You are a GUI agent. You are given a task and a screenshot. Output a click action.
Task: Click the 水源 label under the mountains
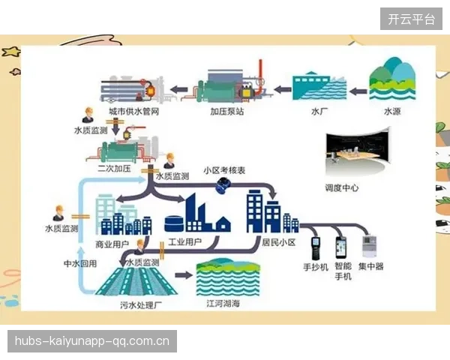pyautogui.click(x=392, y=112)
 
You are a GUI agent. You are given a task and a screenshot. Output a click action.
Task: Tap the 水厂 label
pyautogui.click(x=319, y=112)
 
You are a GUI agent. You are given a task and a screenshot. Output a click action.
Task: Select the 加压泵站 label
pyautogui.click(x=227, y=112)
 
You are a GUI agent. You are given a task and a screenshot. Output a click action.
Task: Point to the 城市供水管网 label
pyautogui.click(x=134, y=112)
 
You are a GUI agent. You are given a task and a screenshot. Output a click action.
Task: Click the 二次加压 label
pyautogui.click(x=114, y=168)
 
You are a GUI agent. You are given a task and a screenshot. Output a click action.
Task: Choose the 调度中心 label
pyautogui.click(x=342, y=188)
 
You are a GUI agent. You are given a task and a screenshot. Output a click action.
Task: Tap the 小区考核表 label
pyautogui.click(x=224, y=170)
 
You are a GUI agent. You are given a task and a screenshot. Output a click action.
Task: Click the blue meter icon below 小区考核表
pyautogui.click(x=223, y=185)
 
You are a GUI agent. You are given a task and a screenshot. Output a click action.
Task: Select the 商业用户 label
pyautogui.click(x=112, y=244)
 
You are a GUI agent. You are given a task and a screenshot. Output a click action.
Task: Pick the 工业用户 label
pyautogui.click(x=185, y=242)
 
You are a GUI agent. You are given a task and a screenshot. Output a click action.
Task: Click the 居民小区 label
pyautogui.click(x=278, y=242)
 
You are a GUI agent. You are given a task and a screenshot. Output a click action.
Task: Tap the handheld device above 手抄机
pyautogui.click(x=316, y=248)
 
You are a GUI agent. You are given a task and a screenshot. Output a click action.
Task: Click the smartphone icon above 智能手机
pyautogui.click(x=341, y=247)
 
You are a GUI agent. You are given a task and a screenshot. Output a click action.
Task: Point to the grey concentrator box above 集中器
pyautogui.click(x=369, y=247)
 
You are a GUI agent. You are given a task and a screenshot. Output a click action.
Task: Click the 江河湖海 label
pyautogui.click(x=223, y=304)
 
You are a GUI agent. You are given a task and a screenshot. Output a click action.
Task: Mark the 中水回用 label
pyautogui.click(x=80, y=263)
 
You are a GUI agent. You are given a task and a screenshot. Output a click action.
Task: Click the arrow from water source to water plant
pyautogui.click(x=358, y=91)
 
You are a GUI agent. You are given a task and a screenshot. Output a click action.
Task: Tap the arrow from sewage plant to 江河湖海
pyautogui.click(x=184, y=275)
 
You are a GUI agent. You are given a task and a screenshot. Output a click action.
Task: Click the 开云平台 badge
pyautogui.click(x=411, y=19)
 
